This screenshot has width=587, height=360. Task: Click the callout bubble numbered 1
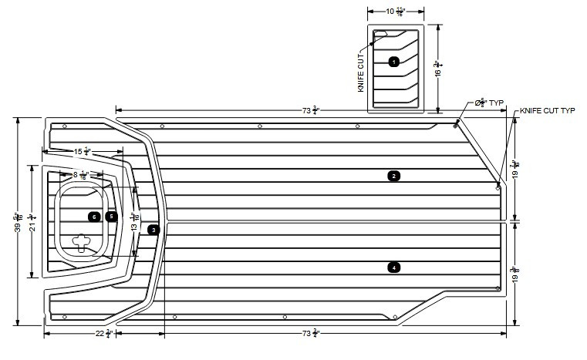(x=393, y=61)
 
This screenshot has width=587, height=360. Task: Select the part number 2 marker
(x=393, y=177)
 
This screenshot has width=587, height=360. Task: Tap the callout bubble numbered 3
(x=153, y=230)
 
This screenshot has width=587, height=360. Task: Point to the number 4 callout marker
(x=393, y=267)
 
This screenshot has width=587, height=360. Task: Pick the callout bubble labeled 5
(x=111, y=217)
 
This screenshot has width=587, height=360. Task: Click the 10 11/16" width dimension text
(x=393, y=12)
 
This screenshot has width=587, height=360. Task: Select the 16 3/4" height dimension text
(x=437, y=69)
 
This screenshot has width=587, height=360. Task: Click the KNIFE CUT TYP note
(x=548, y=111)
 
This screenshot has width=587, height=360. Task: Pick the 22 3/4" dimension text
(x=104, y=333)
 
